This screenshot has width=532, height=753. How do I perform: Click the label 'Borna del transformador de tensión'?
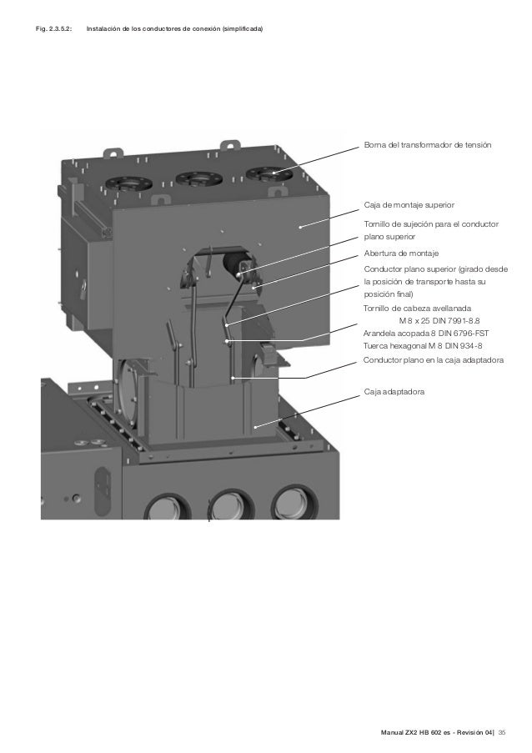[427, 146]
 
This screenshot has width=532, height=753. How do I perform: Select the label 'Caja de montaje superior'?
[409, 204]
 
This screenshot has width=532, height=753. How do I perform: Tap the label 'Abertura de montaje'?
[401, 253]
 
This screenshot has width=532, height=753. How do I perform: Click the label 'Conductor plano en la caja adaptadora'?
[435, 360]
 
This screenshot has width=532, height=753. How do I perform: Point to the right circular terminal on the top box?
[265, 174]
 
